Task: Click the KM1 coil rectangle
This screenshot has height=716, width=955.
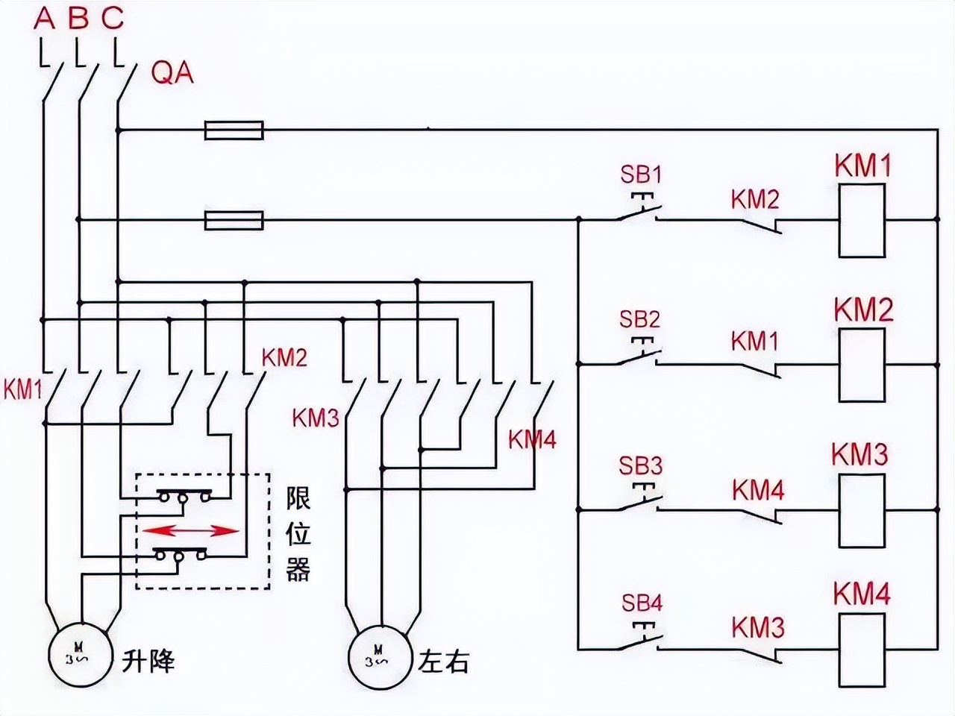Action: click(x=862, y=221)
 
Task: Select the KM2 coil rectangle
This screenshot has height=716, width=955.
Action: click(x=862, y=365)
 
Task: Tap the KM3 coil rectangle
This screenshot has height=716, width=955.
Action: click(x=862, y=511)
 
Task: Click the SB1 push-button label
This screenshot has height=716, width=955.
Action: click(x=640, y=175)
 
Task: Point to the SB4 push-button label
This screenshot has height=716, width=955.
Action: click(x=640, y=603)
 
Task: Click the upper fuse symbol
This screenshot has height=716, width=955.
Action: click(x=234, y=131)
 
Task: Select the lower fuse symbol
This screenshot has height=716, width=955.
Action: click(x=234, y=220)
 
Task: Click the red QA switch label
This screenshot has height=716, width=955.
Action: click(x=172, y=73)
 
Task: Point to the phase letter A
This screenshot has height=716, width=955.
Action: click(x=45, y=19)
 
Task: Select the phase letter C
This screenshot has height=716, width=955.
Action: click(x=113, y=19)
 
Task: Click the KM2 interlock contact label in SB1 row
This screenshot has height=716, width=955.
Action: click(x=754, y=199)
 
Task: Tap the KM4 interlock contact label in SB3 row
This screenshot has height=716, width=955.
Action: click(x=757, y=491)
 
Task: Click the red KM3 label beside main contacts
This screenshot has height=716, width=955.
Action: click(x=316, y=418)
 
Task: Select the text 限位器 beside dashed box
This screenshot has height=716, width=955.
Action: click(x=298, y=535)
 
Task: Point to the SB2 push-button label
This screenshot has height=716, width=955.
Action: click(x=640, y=320)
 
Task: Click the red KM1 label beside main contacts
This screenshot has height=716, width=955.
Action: click(x=22, y=389)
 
